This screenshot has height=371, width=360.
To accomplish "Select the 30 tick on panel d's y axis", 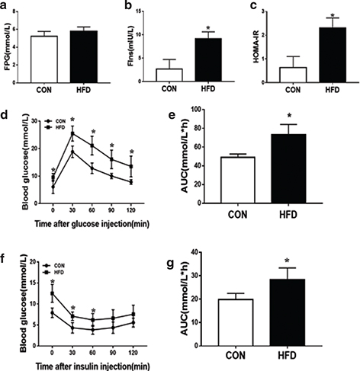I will (x=36, y=120).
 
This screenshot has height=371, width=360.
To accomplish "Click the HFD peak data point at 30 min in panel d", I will (x=72, y=134).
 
